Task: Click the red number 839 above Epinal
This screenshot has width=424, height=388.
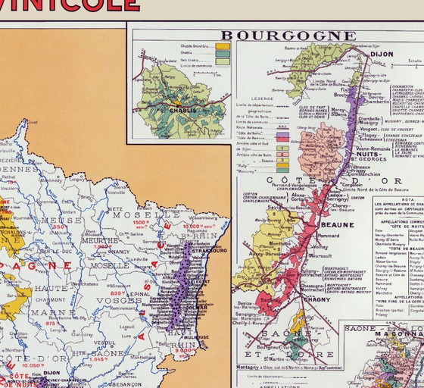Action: click(x=117, y=292)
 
